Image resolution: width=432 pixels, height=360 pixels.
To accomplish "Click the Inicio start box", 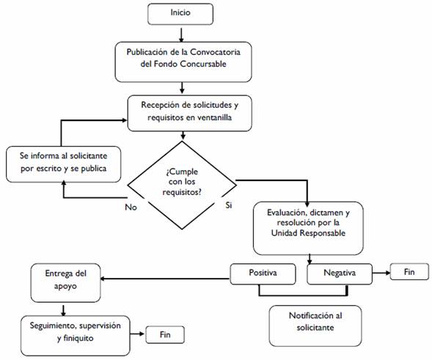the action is coord(180,14).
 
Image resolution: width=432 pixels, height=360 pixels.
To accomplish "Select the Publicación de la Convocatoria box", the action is coord(183,62).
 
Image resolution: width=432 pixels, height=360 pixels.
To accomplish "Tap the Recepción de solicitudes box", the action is coord(189,113).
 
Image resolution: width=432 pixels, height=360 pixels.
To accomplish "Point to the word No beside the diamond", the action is coord(131,207).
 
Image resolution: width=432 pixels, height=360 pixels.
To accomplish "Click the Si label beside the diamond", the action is coord(228,205).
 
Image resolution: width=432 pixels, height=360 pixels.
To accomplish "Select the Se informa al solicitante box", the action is coord(63,164).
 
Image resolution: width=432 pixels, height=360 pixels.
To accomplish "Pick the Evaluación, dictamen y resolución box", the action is coord(308,228).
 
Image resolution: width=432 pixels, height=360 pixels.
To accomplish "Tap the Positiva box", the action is coord(263,274).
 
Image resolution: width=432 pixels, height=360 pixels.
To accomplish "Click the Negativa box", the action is coord(340,274).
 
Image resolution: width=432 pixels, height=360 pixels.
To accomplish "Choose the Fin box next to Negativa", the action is coord(409,272).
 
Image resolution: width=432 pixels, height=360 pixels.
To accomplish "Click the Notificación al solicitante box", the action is coord(315,326).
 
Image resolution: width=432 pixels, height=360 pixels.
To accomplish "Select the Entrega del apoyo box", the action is coord(65,283).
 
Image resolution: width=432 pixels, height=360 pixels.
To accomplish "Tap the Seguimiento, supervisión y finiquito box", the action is coord(76,336).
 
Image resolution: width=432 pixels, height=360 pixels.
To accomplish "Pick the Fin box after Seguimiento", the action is coord(165,334).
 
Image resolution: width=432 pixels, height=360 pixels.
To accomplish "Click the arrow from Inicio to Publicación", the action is coord(181,34).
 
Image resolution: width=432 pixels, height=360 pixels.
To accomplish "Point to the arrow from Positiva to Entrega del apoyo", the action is coord(165,279).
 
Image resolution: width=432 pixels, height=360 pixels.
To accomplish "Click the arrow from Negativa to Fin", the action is coord(381,273).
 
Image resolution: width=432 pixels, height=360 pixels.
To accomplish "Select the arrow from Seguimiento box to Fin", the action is coord(137,334).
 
